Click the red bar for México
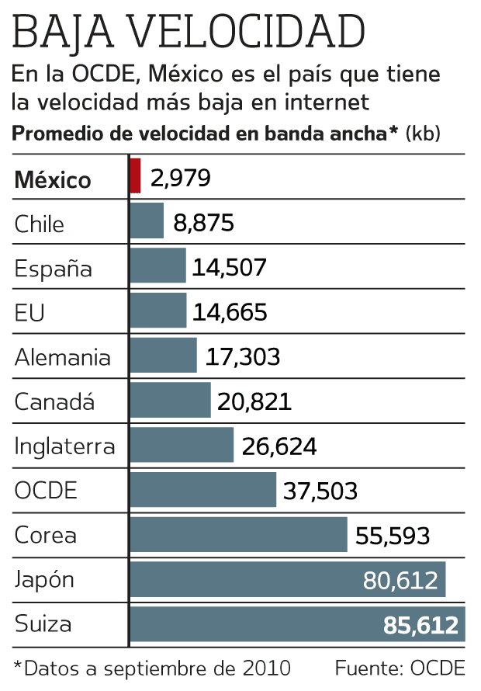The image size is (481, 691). [135, 176]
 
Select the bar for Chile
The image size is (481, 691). [147, 221]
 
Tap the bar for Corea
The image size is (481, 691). [238, 535]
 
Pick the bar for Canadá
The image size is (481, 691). [170, 401]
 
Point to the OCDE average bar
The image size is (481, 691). [202, 490]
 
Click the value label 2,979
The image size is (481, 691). [181, 179]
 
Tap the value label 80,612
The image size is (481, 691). [400, 581]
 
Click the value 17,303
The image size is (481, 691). [243, 357]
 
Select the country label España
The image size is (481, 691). [54, 269]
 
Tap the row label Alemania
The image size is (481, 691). [63, 358]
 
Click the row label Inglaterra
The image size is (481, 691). [65, 447]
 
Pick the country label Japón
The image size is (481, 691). [45, 581]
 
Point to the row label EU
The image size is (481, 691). [29, 313]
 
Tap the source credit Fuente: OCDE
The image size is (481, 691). [400, 668]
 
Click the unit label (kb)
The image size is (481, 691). [424, 134]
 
